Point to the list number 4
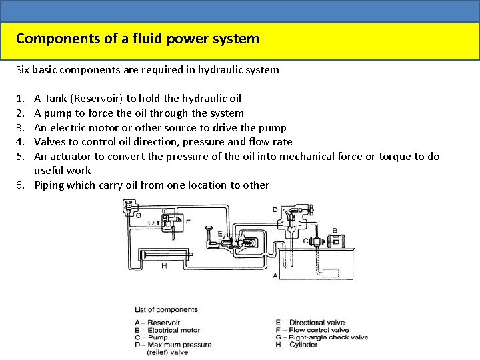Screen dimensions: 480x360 click(20, 141)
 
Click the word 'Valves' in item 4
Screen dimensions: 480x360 click(49, 141)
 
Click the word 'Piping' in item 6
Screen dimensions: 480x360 click(50, 185)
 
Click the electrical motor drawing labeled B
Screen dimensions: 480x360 click(336, 241)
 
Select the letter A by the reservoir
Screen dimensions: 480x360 click(275, 275)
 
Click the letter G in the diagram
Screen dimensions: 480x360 click(138, 215)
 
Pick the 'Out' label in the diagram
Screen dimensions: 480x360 click(154, 222)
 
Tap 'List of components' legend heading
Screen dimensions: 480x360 click(166, 310)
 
